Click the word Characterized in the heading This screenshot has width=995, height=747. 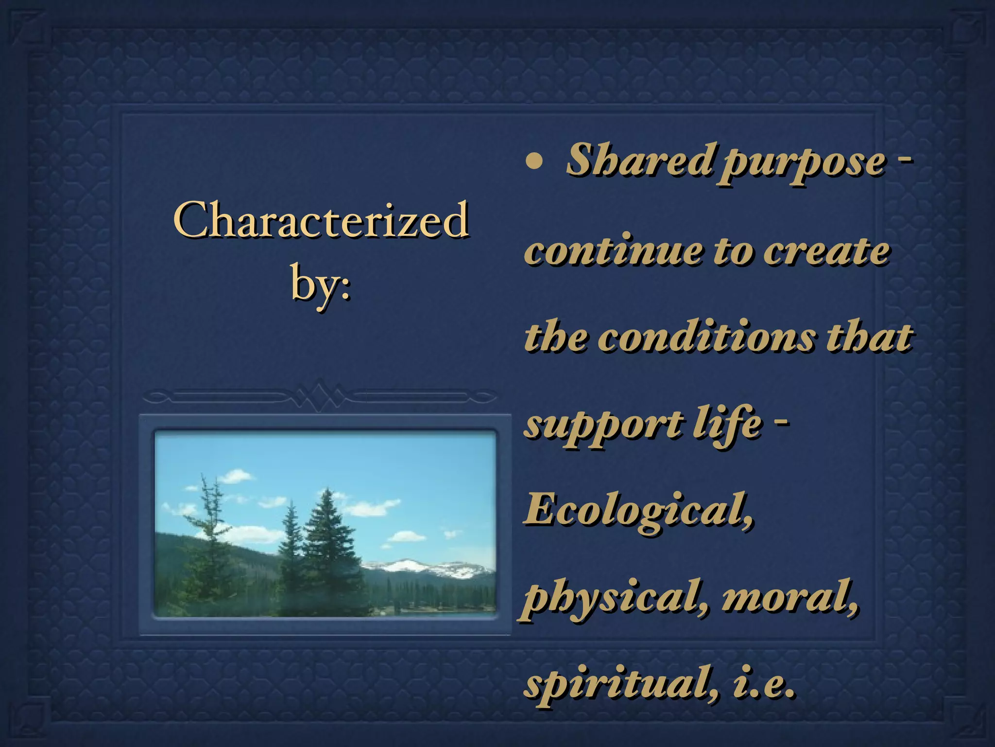click(x=321, y=221)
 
